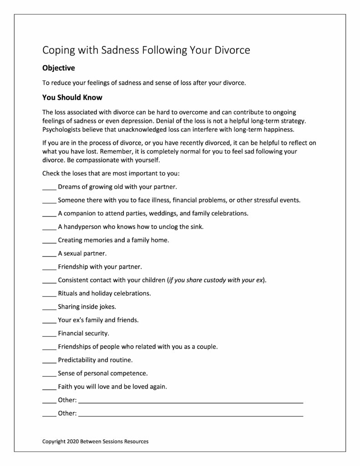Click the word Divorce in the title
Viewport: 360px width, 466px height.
click(x=231, y=50)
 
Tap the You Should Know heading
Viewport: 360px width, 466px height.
click(x=72, y=97)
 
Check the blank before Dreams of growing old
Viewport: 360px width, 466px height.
click(x=49, y=187)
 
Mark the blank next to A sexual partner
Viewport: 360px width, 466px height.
click(x=49, y=253)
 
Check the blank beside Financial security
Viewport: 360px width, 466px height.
click(x=49, y=333)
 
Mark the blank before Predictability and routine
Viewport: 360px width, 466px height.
click(x=49, y=360)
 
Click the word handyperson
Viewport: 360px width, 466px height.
click(x=83, y=227)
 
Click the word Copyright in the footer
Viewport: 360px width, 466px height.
click(x=54, y=441)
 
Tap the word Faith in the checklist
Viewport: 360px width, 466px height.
click(x=66, y=387)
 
